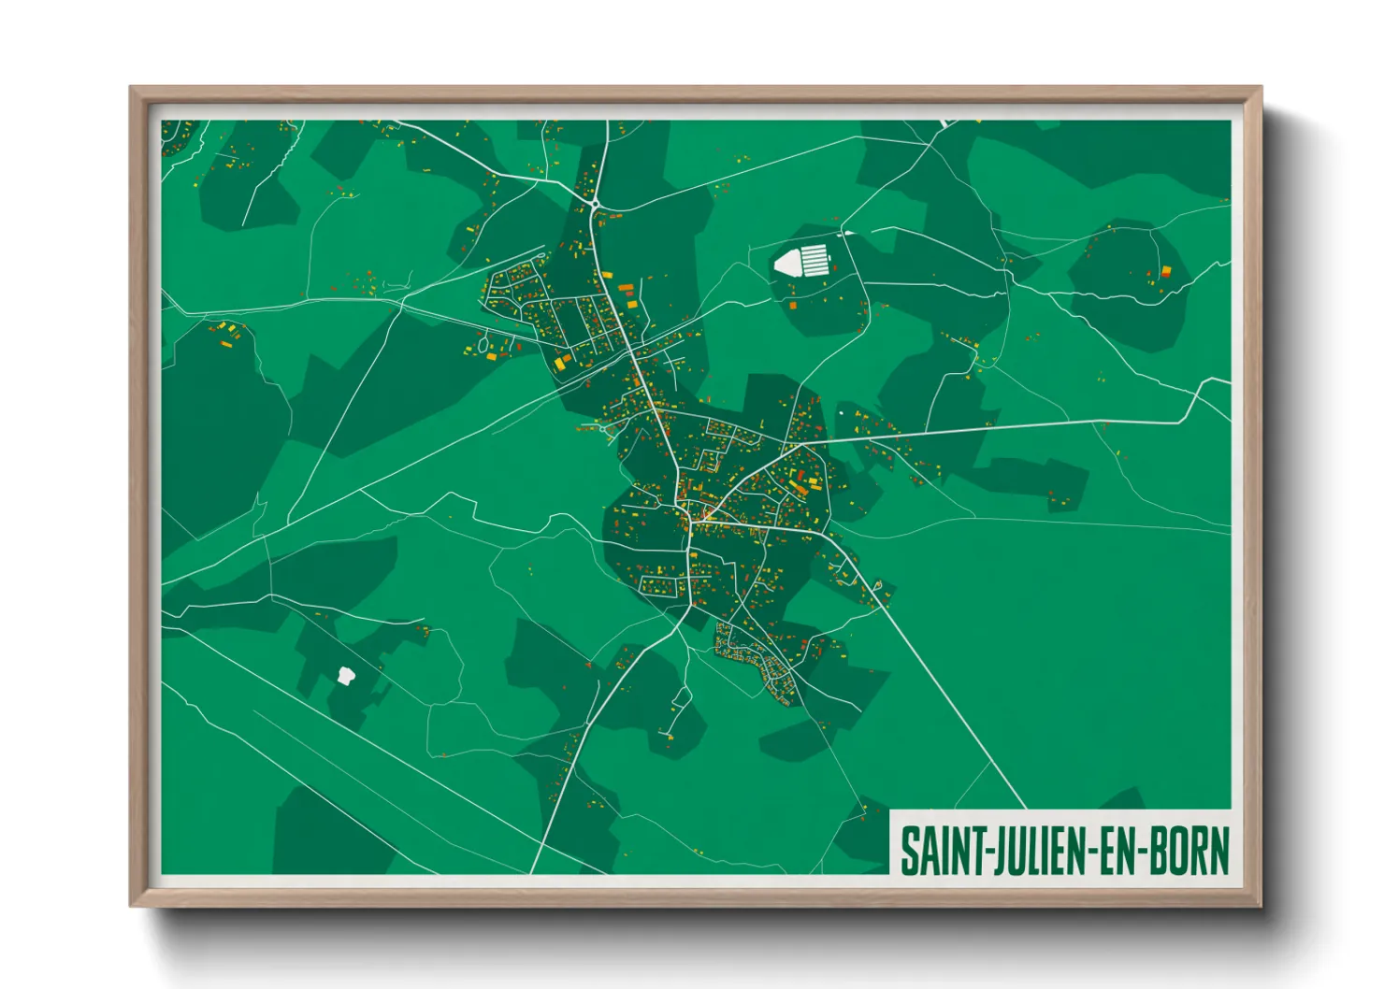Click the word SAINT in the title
(939, 851)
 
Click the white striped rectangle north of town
(815, 258)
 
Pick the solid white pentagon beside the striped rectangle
(786, 263)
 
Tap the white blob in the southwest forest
(345, 675)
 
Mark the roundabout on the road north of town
(595, 203)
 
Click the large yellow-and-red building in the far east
(1166, 272)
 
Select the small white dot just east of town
(840, 412)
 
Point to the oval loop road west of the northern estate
(483, 344)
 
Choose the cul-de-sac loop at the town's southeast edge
(878, 586)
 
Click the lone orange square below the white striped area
(793, 306)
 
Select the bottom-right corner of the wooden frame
(1261, 906)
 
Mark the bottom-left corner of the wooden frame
(131, 906)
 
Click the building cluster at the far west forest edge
(224, 333)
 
